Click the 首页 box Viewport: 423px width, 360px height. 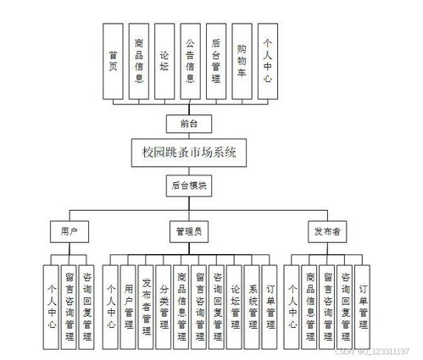pyautogui.click(x=113, y=60)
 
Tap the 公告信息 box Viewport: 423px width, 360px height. pyautogui.click(x=190, y=60)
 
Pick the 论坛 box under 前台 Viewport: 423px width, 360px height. pyautogui.click(x=164, y=60)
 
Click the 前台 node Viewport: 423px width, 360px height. pyautogui.click(x=189, y=124)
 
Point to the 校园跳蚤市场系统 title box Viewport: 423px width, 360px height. pyautogui.click(x=189, y=153)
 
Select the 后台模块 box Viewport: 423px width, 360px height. pyautogui.click(x=189, y=184)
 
